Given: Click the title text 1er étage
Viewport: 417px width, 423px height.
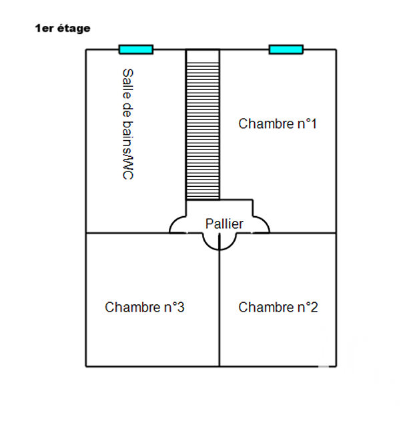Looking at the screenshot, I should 62,29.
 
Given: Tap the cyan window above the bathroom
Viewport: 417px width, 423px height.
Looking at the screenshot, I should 136,49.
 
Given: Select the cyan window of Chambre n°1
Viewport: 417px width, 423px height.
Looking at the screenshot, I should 286,49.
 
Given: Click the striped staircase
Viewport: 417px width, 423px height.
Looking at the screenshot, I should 203,124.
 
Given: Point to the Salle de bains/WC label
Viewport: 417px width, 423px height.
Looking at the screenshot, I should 127,124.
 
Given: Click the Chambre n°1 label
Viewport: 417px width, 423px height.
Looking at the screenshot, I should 277,124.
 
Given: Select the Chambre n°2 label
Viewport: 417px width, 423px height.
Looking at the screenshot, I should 278,308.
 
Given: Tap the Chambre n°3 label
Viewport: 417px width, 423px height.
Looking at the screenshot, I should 144,308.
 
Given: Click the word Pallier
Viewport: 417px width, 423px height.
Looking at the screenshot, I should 224,224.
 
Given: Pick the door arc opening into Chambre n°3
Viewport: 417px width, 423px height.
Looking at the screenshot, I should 211,242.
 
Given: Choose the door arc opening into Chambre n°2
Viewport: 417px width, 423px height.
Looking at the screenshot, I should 228,242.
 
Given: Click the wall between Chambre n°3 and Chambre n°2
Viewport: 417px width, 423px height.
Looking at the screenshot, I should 220,314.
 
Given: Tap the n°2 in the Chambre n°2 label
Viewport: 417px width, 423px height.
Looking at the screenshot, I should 307,308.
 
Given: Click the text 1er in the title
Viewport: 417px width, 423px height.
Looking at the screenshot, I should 43,29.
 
